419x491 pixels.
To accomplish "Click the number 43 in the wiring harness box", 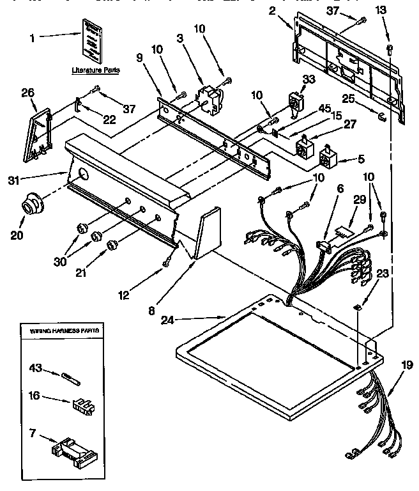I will [36, 368].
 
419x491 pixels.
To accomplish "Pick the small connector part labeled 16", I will [80, 404].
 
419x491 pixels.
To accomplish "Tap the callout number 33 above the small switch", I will [309, 79].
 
